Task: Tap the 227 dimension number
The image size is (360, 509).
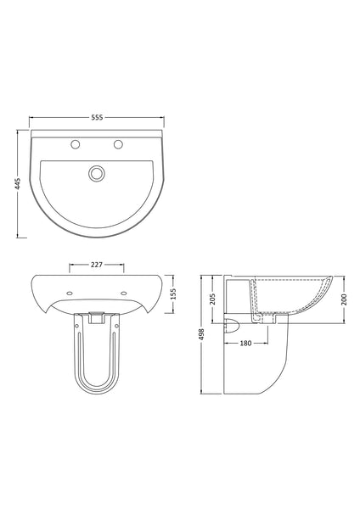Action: [x=97, y=266]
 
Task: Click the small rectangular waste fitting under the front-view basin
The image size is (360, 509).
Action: [x=96, y=320]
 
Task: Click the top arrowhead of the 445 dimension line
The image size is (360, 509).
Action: [x=19, y=132]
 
